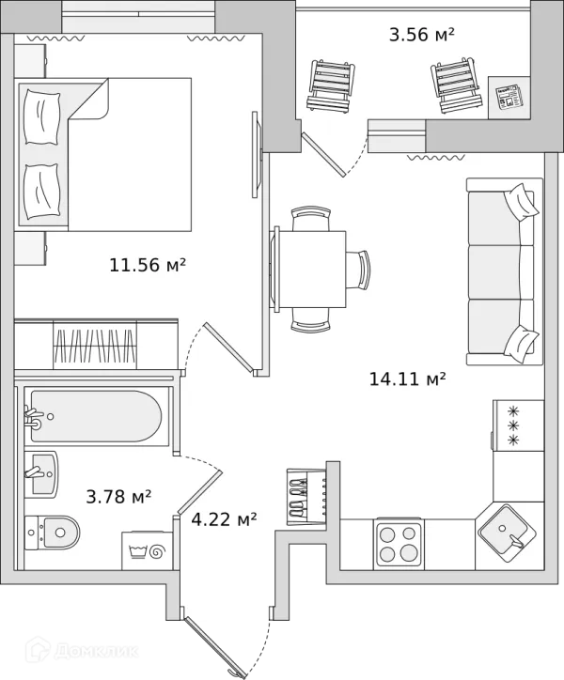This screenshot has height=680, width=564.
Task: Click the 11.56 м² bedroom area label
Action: tap(148, 265)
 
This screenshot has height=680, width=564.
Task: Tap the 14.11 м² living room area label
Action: tap(407, 379)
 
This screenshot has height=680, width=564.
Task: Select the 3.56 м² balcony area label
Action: tap(421, 34)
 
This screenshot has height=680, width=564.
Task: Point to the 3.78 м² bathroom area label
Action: tap(118, 496)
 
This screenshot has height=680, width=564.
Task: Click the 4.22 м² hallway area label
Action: tap(224, 518)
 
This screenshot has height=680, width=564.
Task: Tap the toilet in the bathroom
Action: tap(52, 533)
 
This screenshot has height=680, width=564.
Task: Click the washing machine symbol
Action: tap(148, 550)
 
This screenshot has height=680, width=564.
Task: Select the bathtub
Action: tap(96, 416)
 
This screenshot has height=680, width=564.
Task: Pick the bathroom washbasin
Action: tap(41, 473)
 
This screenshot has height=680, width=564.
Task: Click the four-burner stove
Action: tap(399, 542)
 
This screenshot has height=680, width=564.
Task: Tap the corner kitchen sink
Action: tap(507, 533)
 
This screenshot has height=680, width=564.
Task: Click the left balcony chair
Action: tap(331, 85)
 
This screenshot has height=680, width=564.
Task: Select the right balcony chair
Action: tap(457, 85)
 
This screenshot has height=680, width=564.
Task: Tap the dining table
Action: tap(309, 269)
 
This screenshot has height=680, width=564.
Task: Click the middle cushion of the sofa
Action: tap(495, 272)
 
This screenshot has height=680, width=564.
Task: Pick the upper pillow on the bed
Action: tap(41, 116)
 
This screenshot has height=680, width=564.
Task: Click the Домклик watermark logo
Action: tap(82, 651)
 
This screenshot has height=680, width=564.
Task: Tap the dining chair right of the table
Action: tap(359, 270)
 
